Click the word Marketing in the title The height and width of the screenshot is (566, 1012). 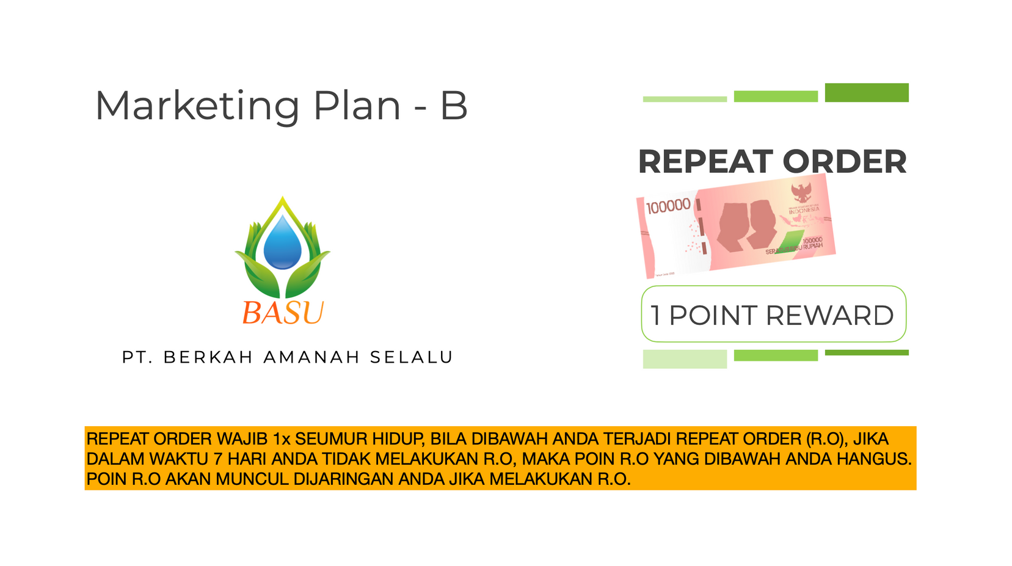click(197, 106)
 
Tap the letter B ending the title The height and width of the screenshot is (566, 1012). click(454, 106)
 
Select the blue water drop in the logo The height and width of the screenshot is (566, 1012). click(282, 242)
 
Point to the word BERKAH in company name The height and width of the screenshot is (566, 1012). click(208, 357)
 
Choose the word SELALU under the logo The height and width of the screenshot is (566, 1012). click(411, 357)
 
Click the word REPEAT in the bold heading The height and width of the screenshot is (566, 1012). click(705, 162)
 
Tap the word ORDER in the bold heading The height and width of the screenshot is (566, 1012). click(845, 162)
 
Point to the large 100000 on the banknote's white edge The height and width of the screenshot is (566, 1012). click(668, 206)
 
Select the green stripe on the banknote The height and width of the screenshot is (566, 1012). click(790, 242)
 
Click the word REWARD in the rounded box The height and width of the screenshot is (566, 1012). click(830, 315)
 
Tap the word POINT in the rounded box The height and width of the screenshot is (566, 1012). click(713, 315)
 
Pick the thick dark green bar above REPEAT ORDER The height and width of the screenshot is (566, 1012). click(867, 93)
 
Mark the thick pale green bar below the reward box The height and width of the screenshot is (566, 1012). click(685, 359)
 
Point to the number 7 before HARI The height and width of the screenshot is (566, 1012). click(218, 459)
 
